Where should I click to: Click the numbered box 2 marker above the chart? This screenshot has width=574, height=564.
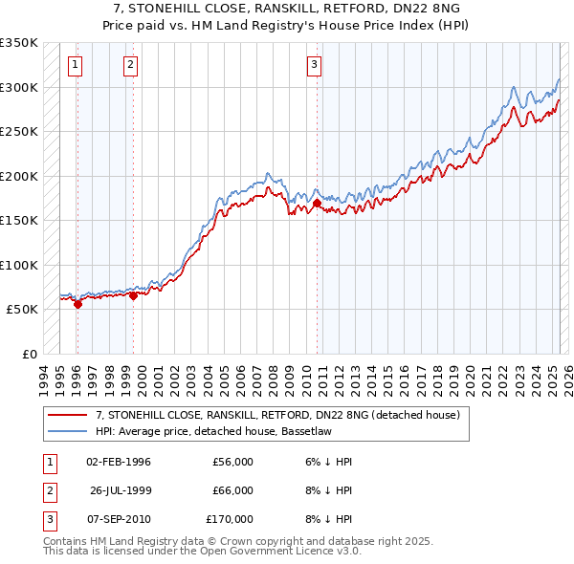(x=131, y=65)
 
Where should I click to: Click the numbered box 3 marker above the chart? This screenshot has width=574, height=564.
(x=314, y=65)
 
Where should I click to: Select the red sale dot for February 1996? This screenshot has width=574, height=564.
(x=77, y=304)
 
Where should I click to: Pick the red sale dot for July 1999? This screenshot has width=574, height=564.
(x=133, y=295)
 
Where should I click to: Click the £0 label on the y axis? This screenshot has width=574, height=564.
(x=29, y=354)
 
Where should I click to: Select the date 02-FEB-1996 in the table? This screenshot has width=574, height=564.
(x=119, y=462)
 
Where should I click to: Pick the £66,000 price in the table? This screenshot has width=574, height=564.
(x=232, y=490)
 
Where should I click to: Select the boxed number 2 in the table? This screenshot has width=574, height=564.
(x=47, y=490)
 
